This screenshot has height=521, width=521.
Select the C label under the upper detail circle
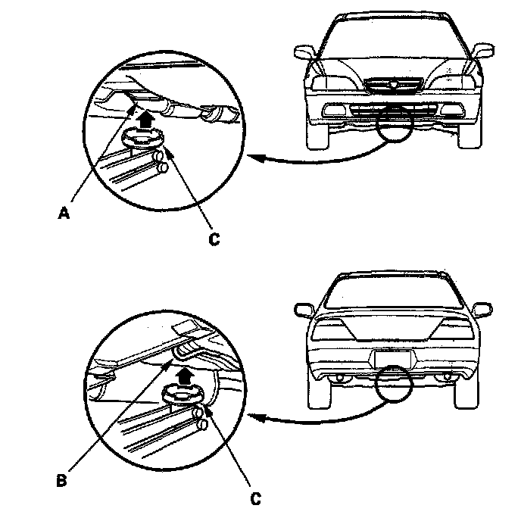click(x=214, y=239)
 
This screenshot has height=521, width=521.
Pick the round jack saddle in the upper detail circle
click(x=143, y=137)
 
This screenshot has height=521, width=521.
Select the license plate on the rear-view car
click(x=391, y=359)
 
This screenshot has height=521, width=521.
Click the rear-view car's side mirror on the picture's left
click(x=303, y=309)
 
